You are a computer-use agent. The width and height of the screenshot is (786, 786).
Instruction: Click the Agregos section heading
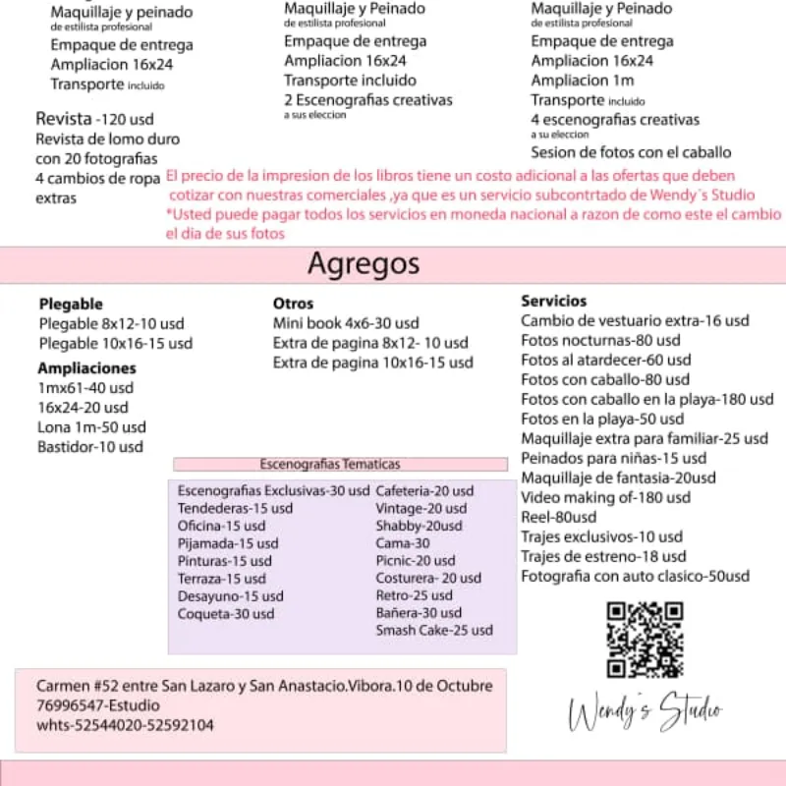[363, 263]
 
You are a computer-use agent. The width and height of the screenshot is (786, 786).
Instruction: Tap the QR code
[645, 640]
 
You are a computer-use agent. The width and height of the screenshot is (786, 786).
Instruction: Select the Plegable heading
[71, 305]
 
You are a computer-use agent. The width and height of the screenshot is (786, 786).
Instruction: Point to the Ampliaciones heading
[86, 368]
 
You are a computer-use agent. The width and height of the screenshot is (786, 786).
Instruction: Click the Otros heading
[293, 304]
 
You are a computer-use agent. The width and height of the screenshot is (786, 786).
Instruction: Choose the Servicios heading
[553, 302]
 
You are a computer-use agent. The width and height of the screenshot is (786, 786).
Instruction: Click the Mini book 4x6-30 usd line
[346, 323]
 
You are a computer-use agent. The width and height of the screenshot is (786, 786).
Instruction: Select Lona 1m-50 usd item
[91, 427]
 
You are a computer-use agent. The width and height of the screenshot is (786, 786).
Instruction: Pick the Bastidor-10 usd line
[89, 447]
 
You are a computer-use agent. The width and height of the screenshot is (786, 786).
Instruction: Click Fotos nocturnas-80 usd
[587, 341]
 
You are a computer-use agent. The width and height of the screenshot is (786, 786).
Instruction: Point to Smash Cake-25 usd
[434, 630]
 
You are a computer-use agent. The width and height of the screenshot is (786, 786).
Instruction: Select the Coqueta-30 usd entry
[226, 614]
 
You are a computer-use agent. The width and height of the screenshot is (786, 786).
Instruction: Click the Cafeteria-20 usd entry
[424, 491]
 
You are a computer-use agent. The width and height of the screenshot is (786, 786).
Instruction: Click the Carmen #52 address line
[261, 685]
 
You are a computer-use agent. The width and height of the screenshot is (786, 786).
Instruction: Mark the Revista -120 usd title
[94, 119]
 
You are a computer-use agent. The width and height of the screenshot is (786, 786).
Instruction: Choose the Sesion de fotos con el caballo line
[631, 152]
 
